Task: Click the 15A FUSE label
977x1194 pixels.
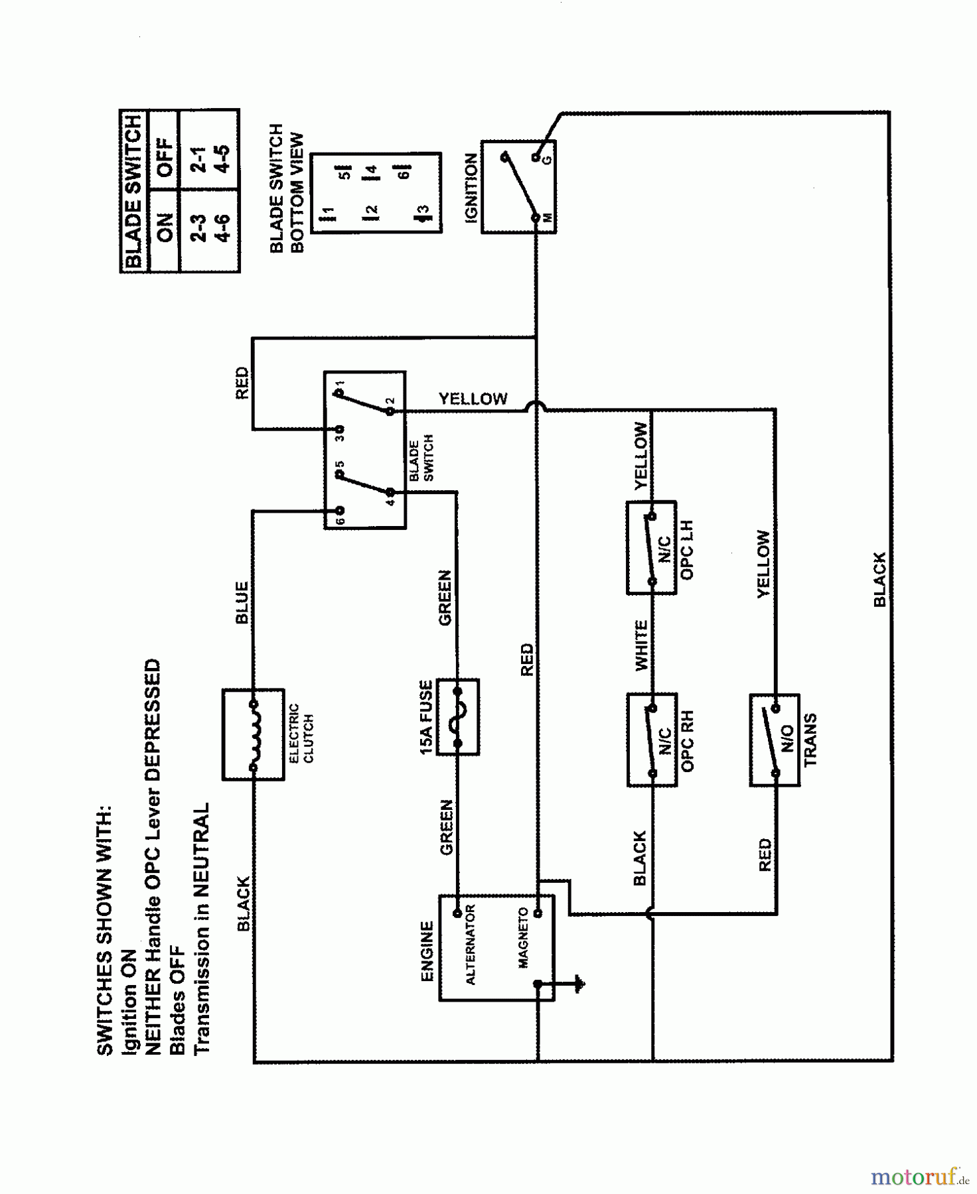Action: [426, 717]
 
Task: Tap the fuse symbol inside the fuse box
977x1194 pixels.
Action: [458, 717]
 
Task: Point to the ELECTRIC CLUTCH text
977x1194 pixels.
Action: [301, 733]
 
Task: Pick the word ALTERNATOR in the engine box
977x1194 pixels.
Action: [470, 945]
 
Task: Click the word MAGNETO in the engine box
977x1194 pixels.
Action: [523, 937]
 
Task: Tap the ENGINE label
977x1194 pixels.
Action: [427, 951]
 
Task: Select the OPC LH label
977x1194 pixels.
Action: [688, 550]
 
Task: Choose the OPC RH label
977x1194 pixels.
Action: [688, 742]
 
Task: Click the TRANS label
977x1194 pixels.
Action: [810, 740]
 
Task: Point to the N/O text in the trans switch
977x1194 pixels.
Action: [788, 738]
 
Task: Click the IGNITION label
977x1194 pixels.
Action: [471, 188]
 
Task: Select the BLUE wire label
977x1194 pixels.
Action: [242, 602]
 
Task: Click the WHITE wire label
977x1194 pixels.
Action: [641, 645]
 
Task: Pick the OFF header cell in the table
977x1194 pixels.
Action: [164, 157]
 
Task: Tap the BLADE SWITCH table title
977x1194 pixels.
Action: [133, 191]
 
